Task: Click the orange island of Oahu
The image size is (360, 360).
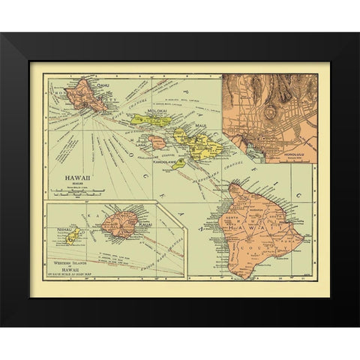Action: pyautogui.click(x=86, y=97)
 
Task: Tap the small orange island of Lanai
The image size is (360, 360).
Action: pyautogui.click(x=156, y=141)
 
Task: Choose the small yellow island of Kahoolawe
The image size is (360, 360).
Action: pyautogui.click(x=178, y=162)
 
